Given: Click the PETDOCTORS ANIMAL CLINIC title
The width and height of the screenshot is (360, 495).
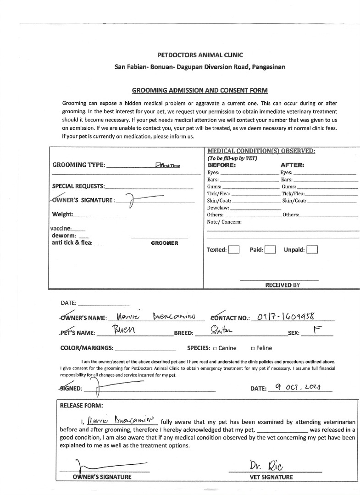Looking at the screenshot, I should click(200, 55).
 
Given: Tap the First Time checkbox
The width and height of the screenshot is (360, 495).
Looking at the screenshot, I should click(158, 165).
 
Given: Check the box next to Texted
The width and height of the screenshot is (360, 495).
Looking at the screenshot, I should click(234, 250).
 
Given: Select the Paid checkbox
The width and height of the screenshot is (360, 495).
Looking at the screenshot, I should click(270, 250).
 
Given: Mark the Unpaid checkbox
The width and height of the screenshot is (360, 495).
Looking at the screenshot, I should click(312, 250).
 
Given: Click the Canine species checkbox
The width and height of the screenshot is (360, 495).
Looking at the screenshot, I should click(215, 348).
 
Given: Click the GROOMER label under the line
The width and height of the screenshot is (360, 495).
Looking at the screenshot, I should click(164, 243).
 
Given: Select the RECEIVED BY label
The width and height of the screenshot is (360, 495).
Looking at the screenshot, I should click(282, 285).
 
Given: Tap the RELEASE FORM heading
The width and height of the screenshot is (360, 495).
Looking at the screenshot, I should click(82, 405).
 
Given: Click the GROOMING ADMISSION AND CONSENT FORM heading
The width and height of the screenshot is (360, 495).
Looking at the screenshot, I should click(199, 90).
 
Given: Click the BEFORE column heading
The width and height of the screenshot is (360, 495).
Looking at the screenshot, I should click(222, 165).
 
